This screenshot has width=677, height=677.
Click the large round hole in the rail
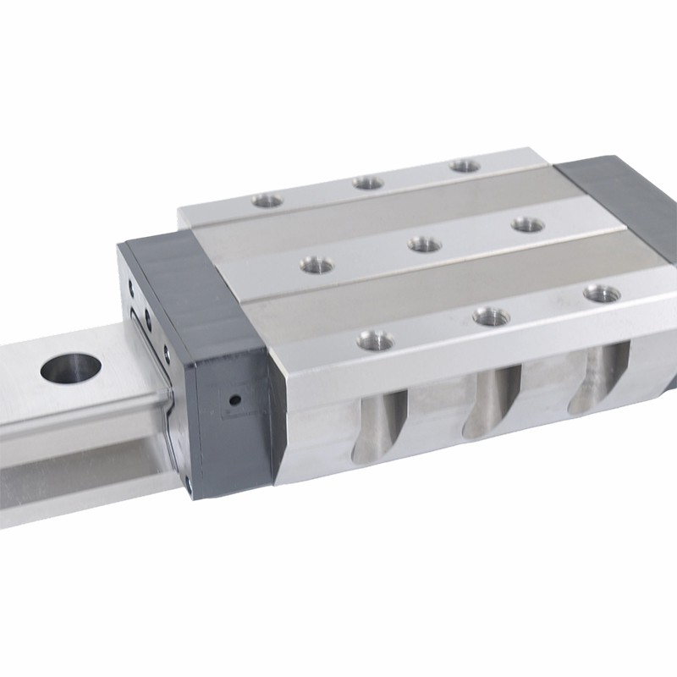(x=71, y=367)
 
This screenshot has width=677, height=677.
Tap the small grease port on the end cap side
(x=235, y=399)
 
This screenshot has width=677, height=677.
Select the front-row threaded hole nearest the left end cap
(x=375, y=341)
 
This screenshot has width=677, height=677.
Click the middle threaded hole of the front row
(x=491, y=316)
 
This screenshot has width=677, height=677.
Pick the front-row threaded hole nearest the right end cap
(x=602, y=294)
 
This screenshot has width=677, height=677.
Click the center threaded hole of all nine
(x=424, y=245)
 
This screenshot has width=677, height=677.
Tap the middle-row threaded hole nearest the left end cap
(x=316, y=265)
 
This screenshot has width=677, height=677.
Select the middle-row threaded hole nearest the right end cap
(x=527, y=224)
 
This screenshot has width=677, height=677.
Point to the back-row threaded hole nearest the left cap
(x=267, y=201)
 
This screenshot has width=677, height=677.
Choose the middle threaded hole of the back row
(x=368, y=182)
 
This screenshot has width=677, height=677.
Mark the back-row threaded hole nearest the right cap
(x=465, y=166)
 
